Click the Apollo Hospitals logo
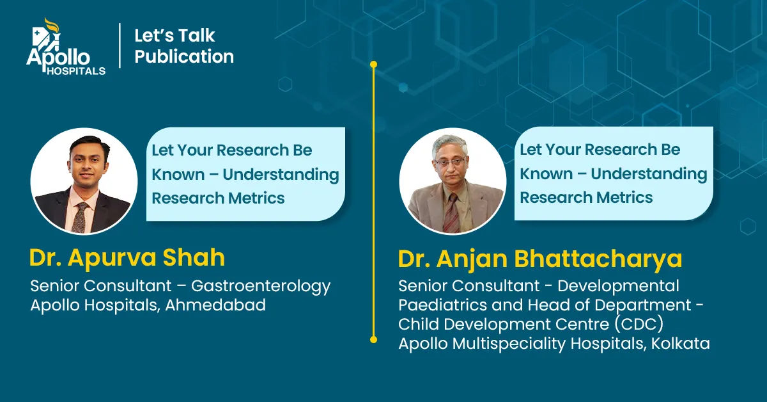(66, 46)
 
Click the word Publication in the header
(184, 56)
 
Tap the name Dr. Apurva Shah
(127, 257)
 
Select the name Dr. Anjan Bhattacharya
(540, 259)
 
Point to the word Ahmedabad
(215, 305)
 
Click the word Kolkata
(680, 343)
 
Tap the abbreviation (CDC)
(639, 324)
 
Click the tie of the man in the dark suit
(80, 217)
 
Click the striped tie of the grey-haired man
(452, 213)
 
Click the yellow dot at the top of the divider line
(373, 65)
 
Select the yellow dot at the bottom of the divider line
(373, 339)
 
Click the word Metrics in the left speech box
(256, 198)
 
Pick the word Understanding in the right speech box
(649, 174)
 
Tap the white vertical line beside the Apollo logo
(120, 45)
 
